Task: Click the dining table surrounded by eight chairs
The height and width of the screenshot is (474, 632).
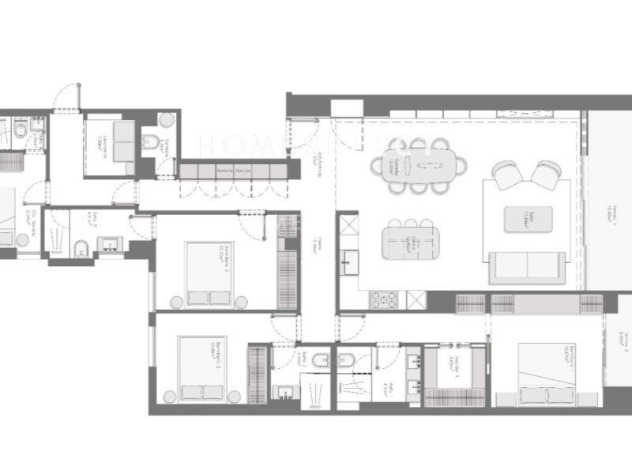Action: [x=418, y=165]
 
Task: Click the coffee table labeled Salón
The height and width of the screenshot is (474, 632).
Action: [x=529, y=219]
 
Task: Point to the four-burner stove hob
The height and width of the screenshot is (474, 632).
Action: [x=384, y=300]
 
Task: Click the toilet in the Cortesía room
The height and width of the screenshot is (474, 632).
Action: [x=150, y=142]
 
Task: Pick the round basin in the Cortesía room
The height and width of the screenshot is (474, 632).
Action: [x=166, y=120]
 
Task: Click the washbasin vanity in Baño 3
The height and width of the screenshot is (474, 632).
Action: [x=107, y=243]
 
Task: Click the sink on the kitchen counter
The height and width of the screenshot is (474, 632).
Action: [x=348, y=261]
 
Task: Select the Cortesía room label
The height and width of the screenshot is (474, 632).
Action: [x=162, y=147]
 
